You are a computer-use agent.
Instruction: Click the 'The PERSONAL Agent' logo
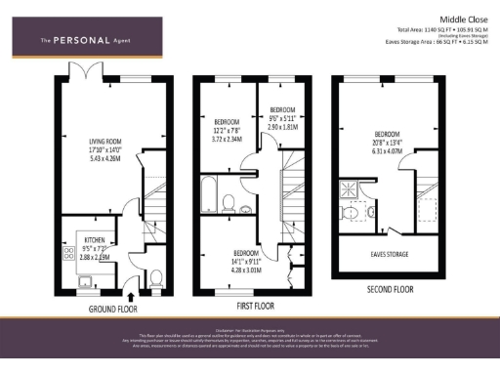pos(80,40)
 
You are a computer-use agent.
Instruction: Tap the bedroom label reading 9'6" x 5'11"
pos(282,117)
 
